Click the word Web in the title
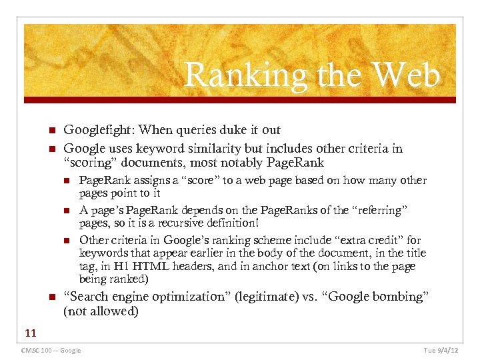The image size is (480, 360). point(408,75)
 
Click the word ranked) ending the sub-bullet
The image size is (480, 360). point(131,279)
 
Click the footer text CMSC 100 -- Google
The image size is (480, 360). point(51,351)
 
